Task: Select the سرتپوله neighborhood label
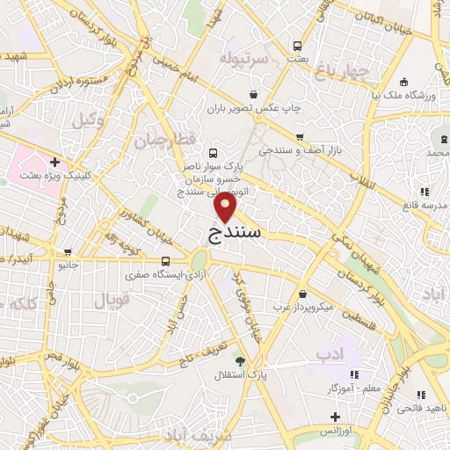242,59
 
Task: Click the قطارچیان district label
163,139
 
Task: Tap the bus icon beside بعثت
297,45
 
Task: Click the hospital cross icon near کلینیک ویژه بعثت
54,162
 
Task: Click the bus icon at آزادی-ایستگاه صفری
166,260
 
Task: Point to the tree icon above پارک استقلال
240,360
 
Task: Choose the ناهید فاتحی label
421,408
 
